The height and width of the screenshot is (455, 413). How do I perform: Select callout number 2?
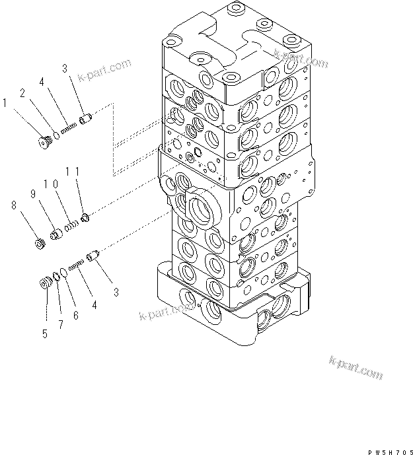pos(22,93)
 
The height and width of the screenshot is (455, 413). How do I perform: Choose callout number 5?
pos(45,334)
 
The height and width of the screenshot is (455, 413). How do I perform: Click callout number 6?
pos(75,316)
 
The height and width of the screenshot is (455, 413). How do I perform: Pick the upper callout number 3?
pos(65,68)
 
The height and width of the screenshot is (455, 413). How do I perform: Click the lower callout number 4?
pos(94,305)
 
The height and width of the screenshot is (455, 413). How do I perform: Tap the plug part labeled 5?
pos(46,284)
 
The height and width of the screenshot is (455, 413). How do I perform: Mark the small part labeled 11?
pos(85,217)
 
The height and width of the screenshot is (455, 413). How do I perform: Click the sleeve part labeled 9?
pos(56,233)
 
